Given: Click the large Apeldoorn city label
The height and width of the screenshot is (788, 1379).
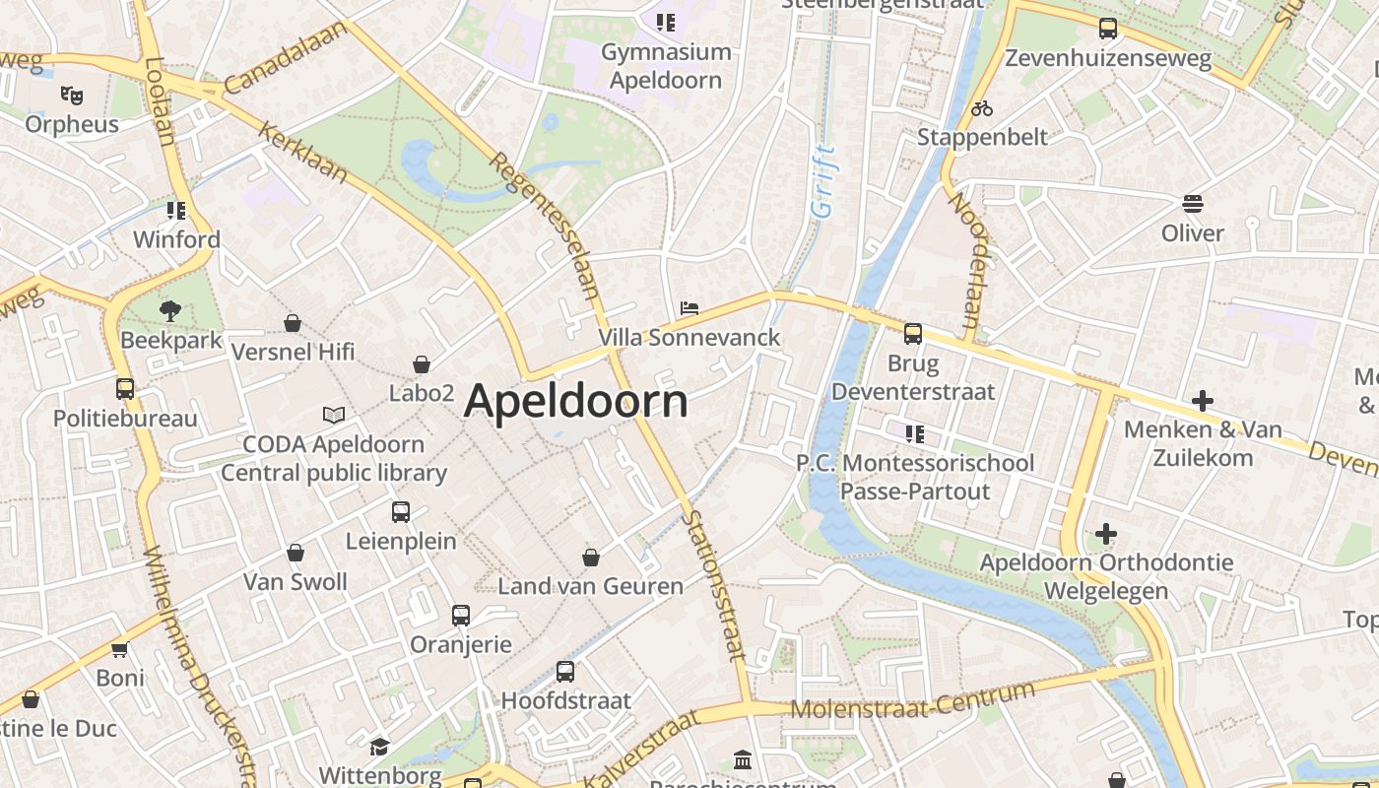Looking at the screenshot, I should (575, 401).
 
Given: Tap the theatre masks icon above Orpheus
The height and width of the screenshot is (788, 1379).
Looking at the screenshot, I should (71, 96).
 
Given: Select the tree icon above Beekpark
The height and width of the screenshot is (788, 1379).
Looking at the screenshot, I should (170, 311).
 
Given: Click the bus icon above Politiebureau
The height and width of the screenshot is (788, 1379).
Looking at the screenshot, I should (125, 389).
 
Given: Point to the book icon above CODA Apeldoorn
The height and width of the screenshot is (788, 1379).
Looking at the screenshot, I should (334, 416).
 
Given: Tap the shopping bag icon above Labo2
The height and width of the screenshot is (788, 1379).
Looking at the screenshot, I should (422, 364).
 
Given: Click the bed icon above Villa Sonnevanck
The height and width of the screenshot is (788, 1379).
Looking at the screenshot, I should (689, 309).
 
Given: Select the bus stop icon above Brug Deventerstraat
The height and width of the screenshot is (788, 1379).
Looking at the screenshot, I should (913, 334).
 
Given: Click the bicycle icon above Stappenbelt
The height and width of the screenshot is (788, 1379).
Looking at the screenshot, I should (982, 108).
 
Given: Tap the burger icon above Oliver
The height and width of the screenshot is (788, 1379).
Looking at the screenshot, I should (1193, 204).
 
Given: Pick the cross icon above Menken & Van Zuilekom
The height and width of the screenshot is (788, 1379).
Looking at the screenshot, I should (1202, 401).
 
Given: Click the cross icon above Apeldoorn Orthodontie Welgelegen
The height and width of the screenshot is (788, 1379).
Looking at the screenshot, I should (1106, 534).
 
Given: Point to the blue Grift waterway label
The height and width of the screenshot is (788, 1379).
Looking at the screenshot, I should (822, 181).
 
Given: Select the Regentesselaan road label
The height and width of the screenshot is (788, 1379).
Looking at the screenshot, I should (545, 225).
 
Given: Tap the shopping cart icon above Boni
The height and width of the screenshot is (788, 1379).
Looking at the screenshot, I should (120, 649).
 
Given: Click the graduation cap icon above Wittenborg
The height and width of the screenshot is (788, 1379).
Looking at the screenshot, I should (379, 747).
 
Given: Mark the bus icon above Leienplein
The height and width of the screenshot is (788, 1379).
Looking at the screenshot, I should (401, 512).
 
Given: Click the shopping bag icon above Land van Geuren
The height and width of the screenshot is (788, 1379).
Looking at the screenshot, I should (591, 558).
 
